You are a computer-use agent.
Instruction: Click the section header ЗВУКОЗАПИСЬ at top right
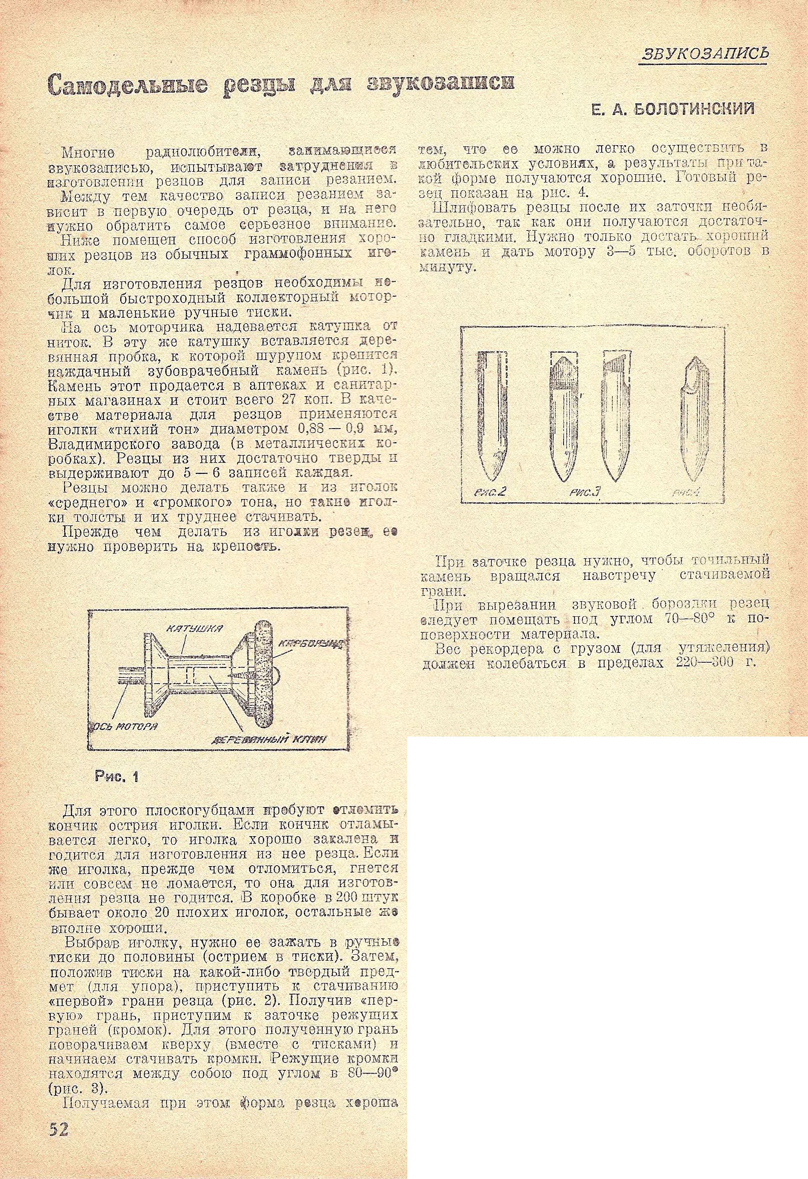(705, 53)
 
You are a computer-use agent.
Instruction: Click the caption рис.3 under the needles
(585, 492)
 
